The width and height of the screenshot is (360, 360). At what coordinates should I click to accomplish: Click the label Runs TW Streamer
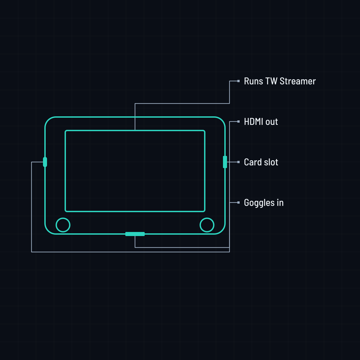(x=279, y=81)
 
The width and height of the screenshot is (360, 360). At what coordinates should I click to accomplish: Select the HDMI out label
(x=261, y=122)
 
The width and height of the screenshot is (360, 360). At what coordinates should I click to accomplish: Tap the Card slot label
(x=261, y=162)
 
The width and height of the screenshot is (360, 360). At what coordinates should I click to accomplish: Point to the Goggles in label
(x=264, y=203)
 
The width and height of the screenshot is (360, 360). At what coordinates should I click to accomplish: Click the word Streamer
(x=297, y=81)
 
